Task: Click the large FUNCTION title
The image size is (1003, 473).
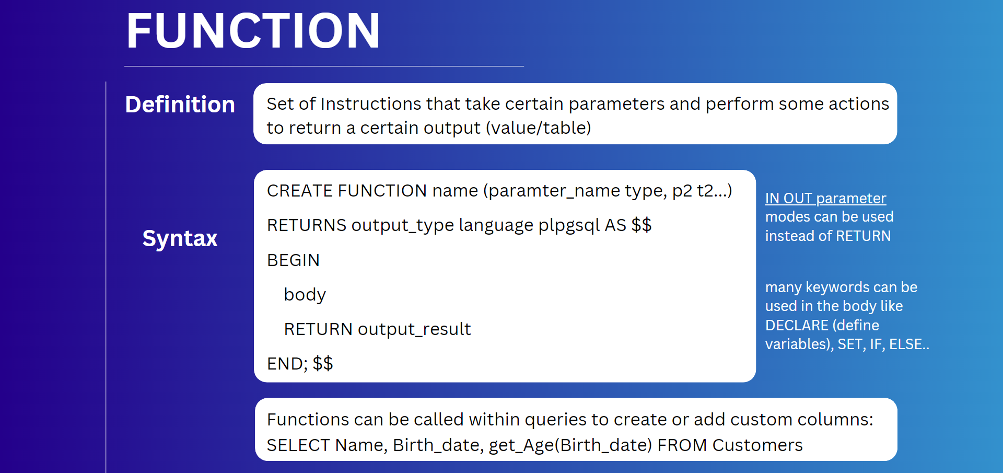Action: coord(253,31)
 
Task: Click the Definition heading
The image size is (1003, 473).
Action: coord(180,105)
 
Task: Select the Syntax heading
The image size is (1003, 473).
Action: coord(180,239)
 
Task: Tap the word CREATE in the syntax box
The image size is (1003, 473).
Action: coord(300,191)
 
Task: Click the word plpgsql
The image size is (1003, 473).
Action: coord(569,226)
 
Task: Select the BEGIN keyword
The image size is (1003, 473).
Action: coord(293,260)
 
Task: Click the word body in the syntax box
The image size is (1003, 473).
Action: coord(305,295)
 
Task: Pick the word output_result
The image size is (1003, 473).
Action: coord(414,329)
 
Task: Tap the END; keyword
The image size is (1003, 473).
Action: coord(287,364)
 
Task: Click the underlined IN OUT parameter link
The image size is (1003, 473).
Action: coord(825,199)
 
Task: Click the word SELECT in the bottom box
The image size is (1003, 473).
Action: coord(298,445)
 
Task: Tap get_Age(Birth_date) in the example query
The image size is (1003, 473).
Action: coord(570,446)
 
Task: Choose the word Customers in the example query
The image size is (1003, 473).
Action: coord(757,445)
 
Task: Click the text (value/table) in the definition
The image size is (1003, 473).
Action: coord(539,128)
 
